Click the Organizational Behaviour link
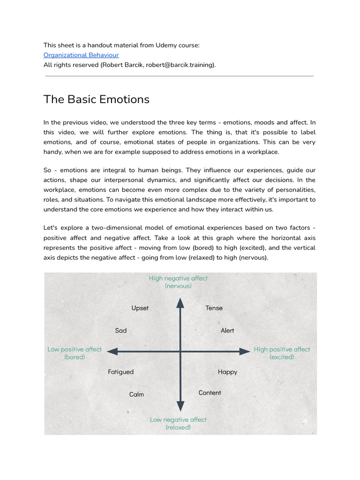(81, 55)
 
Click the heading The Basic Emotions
(97, 99)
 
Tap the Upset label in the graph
(140, 308)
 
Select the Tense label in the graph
(214, 308)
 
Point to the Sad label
(121, 330)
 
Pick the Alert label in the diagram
(227, 330)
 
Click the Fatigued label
(121, 372)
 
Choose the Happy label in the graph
(227, 372)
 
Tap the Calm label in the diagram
(136, 394)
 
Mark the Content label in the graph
(210, 393)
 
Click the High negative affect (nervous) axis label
(178, 282)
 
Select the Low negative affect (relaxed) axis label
(178, 423)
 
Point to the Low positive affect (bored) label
(75, 353)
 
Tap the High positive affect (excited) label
(282, 353)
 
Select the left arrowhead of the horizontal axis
(111, 351)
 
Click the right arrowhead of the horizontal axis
(246, 351)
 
